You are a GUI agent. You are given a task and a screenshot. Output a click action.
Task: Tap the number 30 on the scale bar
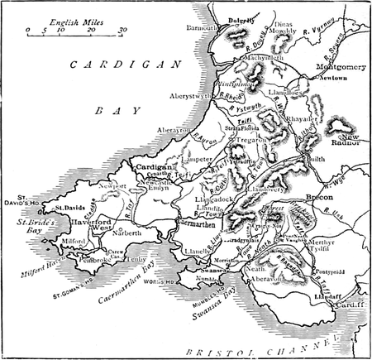click(122, 30)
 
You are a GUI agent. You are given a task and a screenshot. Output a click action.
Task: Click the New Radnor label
click(346, 139)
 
